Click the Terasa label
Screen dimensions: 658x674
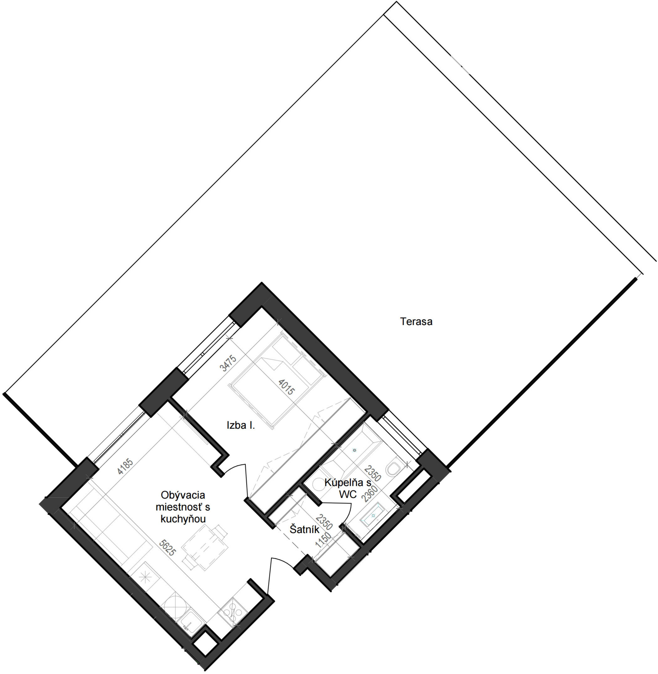pyautogui.click(x=416, y=322)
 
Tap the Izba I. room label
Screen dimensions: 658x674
pyautogui.click(x=241, y=425)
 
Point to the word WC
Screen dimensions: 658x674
pyautogui.click(x=348, y=494)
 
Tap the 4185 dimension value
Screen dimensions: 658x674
pyautogui.click(x=125, y=466)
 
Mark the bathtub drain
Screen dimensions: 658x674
pyautogui.click(x=354, y=451)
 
